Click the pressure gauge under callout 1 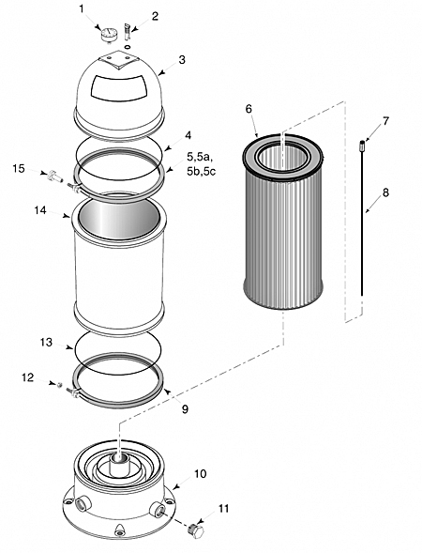tap(109, 36)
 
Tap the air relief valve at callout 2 tap(128, 32)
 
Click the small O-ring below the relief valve tap(128, 47)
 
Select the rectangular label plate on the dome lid tap(118, 86)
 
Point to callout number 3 tap(181, 59)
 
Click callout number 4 tap(188, 134)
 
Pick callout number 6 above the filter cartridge tap(249, 109)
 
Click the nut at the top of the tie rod tap(361, 145)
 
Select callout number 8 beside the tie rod tap(385, 192)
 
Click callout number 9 tap(185, 409)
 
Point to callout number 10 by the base tap(200, 473)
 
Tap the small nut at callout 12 tap(60, 384)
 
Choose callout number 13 tap(46, 342)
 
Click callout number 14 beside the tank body tap(40, 210)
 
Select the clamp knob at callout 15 tap(55, 176)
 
